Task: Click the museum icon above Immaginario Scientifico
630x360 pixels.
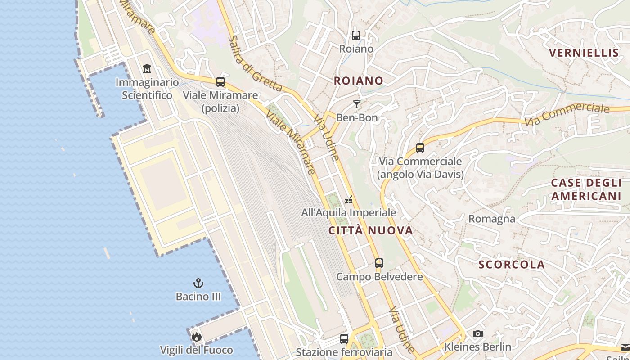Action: click(x=147, y=69)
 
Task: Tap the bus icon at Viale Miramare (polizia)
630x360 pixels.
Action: click(x=220, y=82)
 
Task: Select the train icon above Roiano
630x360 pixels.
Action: click(x=356, y=35)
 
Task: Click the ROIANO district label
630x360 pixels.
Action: click(x=358, y=81)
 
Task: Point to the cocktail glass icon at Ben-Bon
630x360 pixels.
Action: click(x=357, y=104)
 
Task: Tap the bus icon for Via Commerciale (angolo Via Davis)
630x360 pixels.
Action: click(x=420, y=148)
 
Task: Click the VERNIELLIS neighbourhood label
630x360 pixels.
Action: click(x=584, y=53)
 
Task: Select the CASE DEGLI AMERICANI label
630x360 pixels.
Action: click(x=586, y=189)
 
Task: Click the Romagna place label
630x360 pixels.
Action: click(x=492, y=219)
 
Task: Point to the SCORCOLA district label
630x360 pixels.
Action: click(x=512, y=265)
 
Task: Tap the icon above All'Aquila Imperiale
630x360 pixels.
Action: click(x=349, y=199)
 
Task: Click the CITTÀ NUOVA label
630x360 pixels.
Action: click(x=371, y=231)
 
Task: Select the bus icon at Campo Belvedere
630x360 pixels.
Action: click(x=379, y=263)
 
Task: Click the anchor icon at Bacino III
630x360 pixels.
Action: click(x=198, y=283)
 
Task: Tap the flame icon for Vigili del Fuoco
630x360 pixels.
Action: click(x=196, y=337)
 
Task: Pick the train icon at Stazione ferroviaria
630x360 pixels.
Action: click(x=344, y=338)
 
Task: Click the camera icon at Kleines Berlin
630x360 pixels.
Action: click(x=477, y=333)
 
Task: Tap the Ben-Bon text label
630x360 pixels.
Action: click(x=357, y=118)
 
